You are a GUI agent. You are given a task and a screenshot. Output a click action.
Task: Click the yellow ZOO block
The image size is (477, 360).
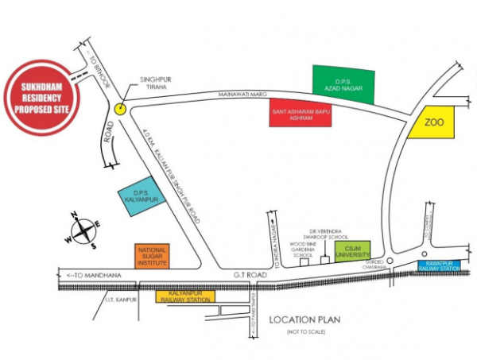(x=432, y=123)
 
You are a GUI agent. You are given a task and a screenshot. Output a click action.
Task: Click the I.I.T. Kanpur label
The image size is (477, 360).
(x=118, y=300)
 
